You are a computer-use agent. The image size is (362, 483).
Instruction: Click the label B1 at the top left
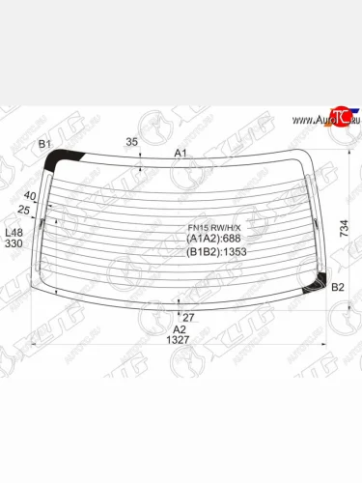point(44,144)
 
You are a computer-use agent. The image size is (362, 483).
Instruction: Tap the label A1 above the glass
point(181,154)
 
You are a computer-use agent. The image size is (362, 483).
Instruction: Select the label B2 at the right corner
point(338,288)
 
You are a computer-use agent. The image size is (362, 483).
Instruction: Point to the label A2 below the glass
point(179,328)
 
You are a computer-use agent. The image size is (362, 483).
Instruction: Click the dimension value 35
point(131,142)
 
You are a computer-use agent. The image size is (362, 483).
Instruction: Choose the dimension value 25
point(24,210)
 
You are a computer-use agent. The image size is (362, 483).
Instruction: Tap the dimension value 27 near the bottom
point(188,316)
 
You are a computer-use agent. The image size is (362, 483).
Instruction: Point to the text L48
point(14,233)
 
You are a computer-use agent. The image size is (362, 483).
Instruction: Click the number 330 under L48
point(14,244)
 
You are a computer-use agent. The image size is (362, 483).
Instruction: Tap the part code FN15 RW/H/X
point(211,229)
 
